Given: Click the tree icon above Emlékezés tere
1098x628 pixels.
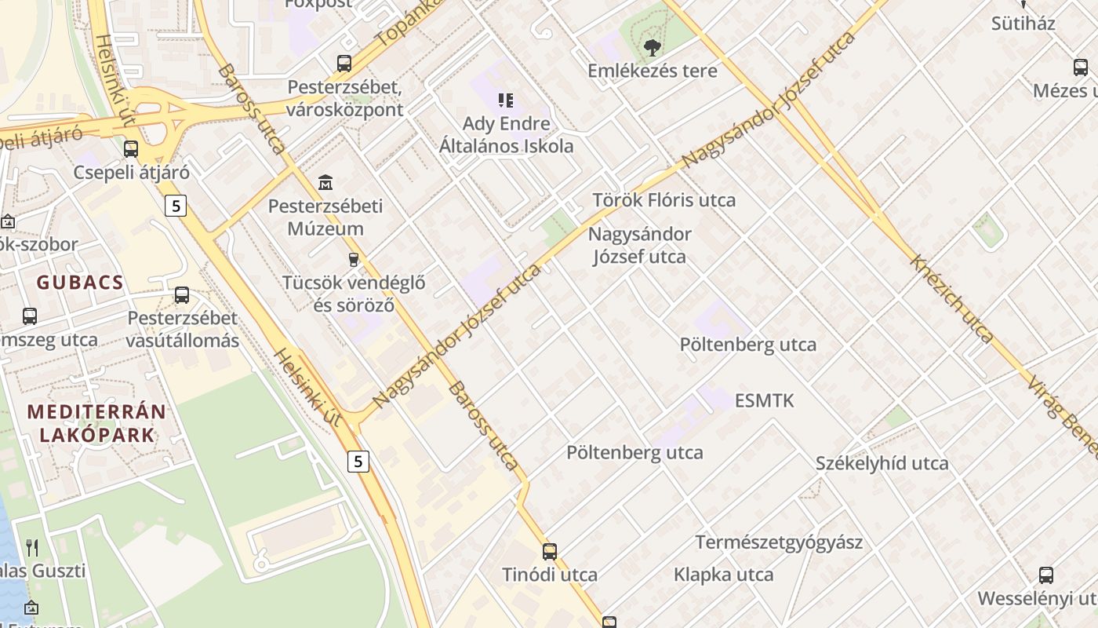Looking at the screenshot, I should point(651,48).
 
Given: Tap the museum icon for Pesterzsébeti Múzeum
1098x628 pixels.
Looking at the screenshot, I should point(325,183).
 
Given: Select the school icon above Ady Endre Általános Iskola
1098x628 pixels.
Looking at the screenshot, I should point(506,100).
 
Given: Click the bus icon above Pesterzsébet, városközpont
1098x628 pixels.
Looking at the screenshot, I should point(344,64).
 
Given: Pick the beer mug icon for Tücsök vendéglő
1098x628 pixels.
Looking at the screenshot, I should point(354,259).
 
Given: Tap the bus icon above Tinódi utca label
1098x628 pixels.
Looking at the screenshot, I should point(550,551).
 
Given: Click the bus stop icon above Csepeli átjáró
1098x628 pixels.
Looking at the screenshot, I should point(131,148).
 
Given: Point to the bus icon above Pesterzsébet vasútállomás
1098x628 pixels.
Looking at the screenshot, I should point(182,295).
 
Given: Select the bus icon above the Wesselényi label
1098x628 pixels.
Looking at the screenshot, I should point(1046,575).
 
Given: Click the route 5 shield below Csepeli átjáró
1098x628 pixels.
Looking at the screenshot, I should point(176,206).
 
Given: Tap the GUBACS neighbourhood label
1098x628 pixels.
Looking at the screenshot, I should point(80,283).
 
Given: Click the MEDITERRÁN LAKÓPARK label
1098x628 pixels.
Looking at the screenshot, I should point(96,423).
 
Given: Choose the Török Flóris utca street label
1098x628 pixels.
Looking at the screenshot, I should point(664,200).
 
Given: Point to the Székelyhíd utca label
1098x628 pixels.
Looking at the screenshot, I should point(882,463).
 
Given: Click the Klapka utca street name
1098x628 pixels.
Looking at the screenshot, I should point(723,575).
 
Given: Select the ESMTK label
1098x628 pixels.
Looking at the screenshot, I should point(764,400).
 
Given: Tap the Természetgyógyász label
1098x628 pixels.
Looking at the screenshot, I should point(779,542).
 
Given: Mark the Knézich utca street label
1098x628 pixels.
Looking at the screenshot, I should point(951,298).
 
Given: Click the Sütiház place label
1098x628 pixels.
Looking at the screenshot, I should point(1023,24).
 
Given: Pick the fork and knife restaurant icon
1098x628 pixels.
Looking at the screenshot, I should point(32,547).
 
